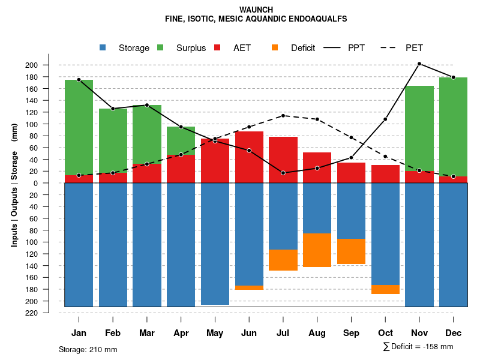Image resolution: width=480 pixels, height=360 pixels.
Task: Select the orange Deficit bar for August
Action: (x=317, y=250)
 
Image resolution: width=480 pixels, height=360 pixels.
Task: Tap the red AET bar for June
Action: (x=249, y=157)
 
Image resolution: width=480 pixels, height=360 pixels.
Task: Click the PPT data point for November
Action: (x=419, y=64)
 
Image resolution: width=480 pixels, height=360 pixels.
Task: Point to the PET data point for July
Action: (x=283, y=115)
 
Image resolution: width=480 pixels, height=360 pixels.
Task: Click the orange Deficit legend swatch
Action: (x=275, y=47)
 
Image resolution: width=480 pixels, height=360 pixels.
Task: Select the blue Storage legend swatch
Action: (x=103, y=47)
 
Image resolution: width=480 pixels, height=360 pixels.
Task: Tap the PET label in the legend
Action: (x=414, y=48)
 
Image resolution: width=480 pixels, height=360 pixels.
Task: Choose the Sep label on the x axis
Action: (x=352, y=333)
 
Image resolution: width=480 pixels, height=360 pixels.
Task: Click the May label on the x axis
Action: (x=215, y=333)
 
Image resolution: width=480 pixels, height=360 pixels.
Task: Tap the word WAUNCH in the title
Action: (x=256, y=10)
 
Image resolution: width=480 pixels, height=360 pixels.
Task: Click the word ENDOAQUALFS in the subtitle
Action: (x=317, y=19)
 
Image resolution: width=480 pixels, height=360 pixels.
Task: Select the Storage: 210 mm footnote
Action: (x=88, y=349)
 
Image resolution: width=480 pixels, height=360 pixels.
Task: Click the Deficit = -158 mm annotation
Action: (x=418, y=347)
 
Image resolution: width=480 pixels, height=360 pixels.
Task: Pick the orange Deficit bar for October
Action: (x=385, y=289)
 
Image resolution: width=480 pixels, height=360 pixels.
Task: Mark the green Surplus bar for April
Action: (x=181, y=140)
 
